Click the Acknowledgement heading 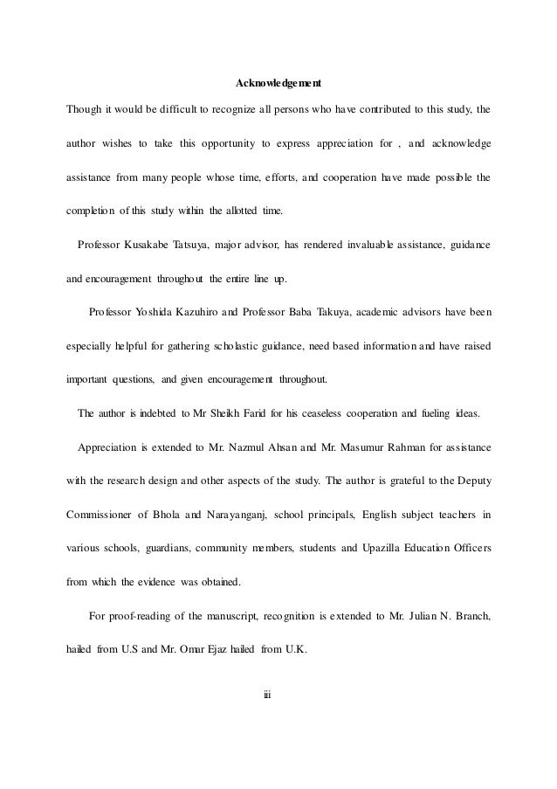[278, 85]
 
